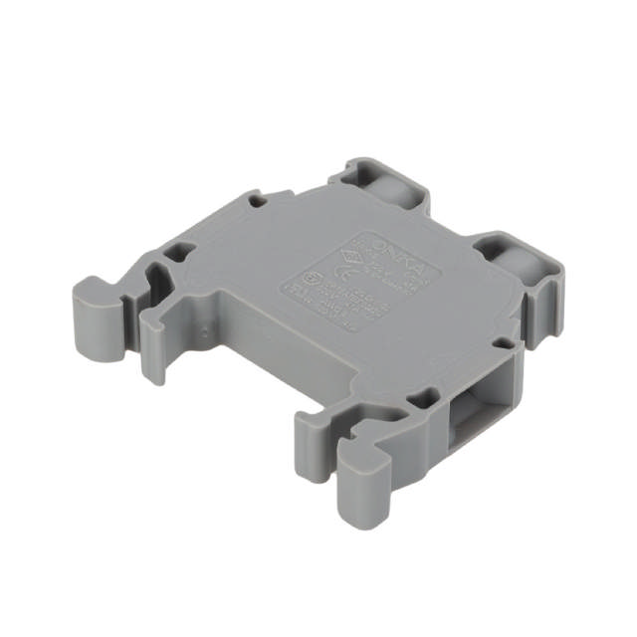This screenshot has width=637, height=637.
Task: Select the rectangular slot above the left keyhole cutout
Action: coord(182,253)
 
